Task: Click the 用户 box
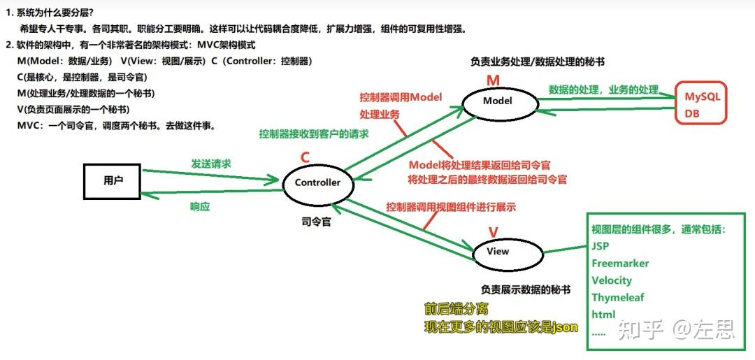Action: pos(112,181)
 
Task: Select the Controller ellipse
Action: pos(317,183)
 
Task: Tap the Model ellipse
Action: pos(498,101)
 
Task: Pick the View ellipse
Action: pos(498,252)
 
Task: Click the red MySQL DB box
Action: pos(700,104)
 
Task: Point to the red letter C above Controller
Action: pos(305,157)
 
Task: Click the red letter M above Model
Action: pos(493,80)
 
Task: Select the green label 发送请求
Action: pos(211,164)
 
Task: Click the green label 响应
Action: pos(201,207)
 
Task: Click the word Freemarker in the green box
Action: pos(620,264)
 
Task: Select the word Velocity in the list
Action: pos(612,280)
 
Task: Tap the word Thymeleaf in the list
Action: pos(618,297)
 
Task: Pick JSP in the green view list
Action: pos(601,246)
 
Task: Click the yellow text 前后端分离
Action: pos(456,309)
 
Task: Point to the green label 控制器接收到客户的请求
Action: pos(314,134)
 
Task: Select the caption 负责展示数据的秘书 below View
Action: pos(525,289)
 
